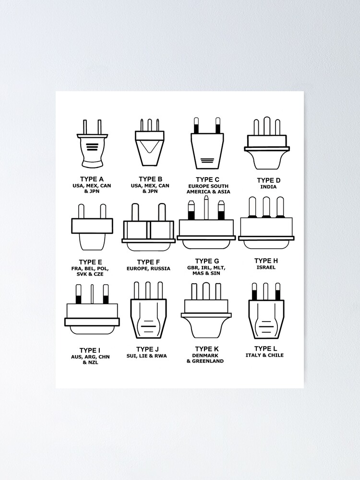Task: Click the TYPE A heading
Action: [x=92, y=179]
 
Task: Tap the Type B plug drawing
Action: [x=150, y=142]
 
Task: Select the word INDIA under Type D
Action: [x=268, y=187]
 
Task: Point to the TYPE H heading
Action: [x=266, y=261]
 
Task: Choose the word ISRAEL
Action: [x=266, y=267]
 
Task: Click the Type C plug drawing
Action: [x=207, y=144]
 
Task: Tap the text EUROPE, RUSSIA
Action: [x=149, y=269]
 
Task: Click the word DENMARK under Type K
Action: [x=205, y=355]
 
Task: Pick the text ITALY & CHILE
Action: [x=264, y=355]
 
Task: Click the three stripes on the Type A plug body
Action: [x=92, y=146]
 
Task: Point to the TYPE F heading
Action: [x=149, y=262]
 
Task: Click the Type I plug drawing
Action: [x=92, y=310]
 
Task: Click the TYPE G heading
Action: [x=207, y=261]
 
